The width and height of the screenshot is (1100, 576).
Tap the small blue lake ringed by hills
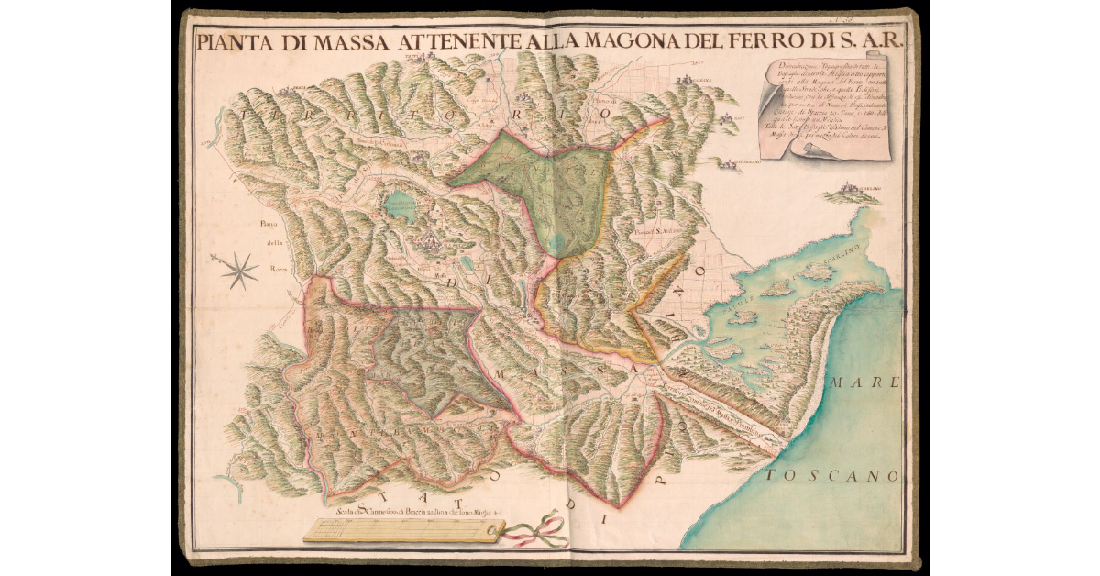[x=400, y=205]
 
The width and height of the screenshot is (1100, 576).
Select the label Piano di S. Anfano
[x=657, y=231]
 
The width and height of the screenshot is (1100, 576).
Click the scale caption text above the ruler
[x=417, y=512]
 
